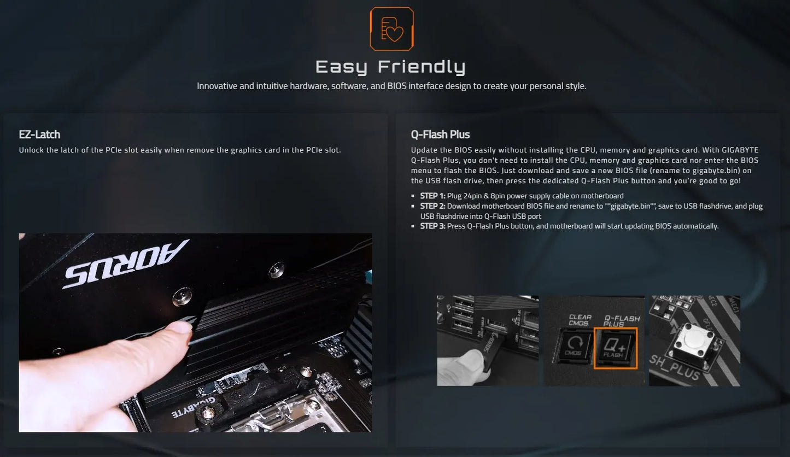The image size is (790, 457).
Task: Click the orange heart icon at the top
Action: tap(391, 28)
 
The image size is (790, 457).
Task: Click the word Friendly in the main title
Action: tap(422, 67)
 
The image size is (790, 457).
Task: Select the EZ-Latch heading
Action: tap(39, 134)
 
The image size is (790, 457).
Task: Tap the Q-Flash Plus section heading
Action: tap(440, 134)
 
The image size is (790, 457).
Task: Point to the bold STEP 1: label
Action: tap(432, 196)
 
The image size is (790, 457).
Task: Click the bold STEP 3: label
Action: tap(432, 226)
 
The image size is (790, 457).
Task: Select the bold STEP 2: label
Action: tap(432, 206)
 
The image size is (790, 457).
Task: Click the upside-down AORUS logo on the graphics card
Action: tap(125, 264)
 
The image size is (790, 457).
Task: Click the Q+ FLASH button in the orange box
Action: tap(616, 348)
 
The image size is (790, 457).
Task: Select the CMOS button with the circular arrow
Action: tap(572, 348)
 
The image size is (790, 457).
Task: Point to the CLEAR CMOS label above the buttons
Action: tap(580, 320)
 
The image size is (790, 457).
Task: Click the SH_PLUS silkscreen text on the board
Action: tap(674, 370)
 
